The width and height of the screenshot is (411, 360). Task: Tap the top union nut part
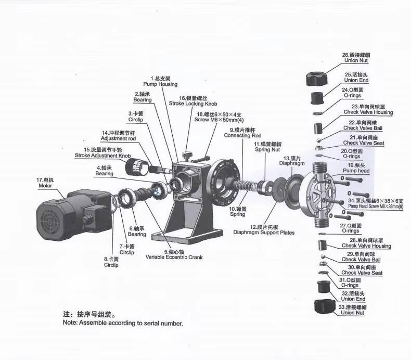tap(317, 79)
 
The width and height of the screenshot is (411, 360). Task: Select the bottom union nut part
tap(325, 306)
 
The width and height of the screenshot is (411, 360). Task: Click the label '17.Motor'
tap(45, 183)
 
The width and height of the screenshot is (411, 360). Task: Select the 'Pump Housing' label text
tap(160, 84)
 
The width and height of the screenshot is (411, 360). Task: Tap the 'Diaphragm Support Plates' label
tap(264, 233)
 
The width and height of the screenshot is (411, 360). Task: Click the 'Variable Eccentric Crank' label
tap(174, 257)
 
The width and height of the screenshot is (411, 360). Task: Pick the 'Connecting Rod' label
tap(242, 136)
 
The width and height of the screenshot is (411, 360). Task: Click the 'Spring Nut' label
tap(267, 150)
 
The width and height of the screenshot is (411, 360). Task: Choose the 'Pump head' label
tap(356, 171)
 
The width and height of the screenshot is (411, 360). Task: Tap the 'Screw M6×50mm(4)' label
tap(219, 120)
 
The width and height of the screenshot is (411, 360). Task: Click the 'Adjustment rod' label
tap(118, 138)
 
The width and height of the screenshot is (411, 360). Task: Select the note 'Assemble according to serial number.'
tap(123, 323)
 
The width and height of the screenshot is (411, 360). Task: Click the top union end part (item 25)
tap(317, 98)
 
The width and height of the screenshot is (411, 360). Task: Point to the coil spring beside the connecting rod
tap(246, 186)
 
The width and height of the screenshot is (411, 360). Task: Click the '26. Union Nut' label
tap(356, 58)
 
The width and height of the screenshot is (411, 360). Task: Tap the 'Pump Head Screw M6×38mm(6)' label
tap(376, 207)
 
